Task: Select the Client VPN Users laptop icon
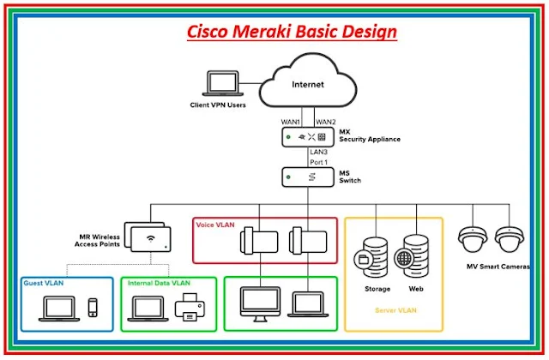click(x=218, y=86)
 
